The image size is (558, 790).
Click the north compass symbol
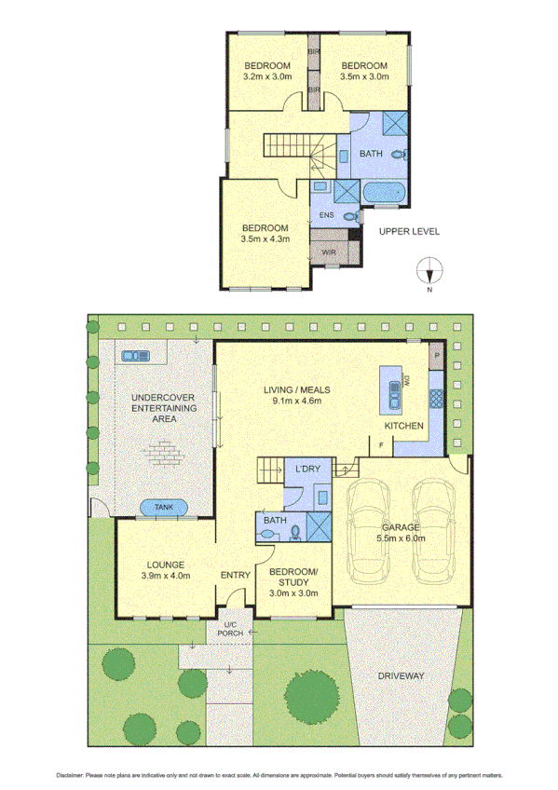(x=429, y=270)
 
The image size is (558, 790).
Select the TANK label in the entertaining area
(x=164, y=508)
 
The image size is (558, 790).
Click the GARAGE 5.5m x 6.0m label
(x=401, y=531)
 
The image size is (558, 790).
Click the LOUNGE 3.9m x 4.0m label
(x=165, y=570)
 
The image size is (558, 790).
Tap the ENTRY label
(x=236, y=575)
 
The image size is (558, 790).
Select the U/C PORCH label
(x=228, y=628)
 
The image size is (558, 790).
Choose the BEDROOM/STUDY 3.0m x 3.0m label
(x=293, y=581)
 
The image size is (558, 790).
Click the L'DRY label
(x=307, y=469)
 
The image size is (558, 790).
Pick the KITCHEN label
(x=405, y=426)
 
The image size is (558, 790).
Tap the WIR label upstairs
(x=328, y=252)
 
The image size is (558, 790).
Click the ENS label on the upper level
(x=326, y=215)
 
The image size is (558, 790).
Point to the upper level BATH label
(x=370, y=154)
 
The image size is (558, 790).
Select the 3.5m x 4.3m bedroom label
(x=266, y=233)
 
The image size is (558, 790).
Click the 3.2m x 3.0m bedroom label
(x=267, y=71)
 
